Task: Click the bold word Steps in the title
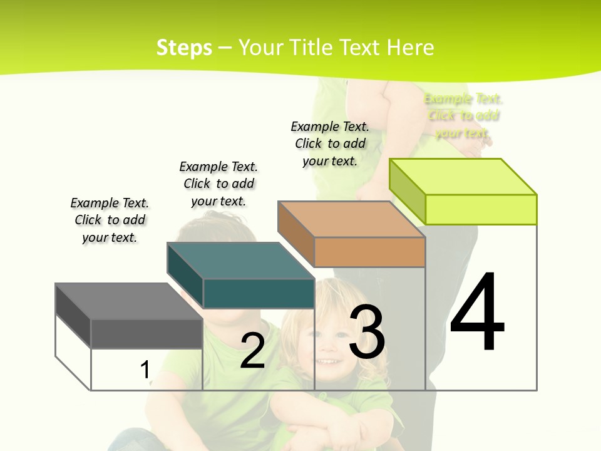pos(184,48)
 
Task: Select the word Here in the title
pos(410,48)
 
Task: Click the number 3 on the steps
pos(367,332)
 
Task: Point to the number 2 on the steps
pos(252,351)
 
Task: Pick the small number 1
pos(145,370)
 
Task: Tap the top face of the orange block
pos(351,219)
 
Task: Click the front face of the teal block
pos(259,293)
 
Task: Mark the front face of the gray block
pos(146,333)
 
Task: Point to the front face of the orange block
pos(369,252)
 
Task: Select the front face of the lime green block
pos(481,209)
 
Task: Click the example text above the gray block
pos(110,220)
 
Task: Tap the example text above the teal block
pos(218,184)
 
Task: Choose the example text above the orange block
pos(330,143)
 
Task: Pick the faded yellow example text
pos(463,116)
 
